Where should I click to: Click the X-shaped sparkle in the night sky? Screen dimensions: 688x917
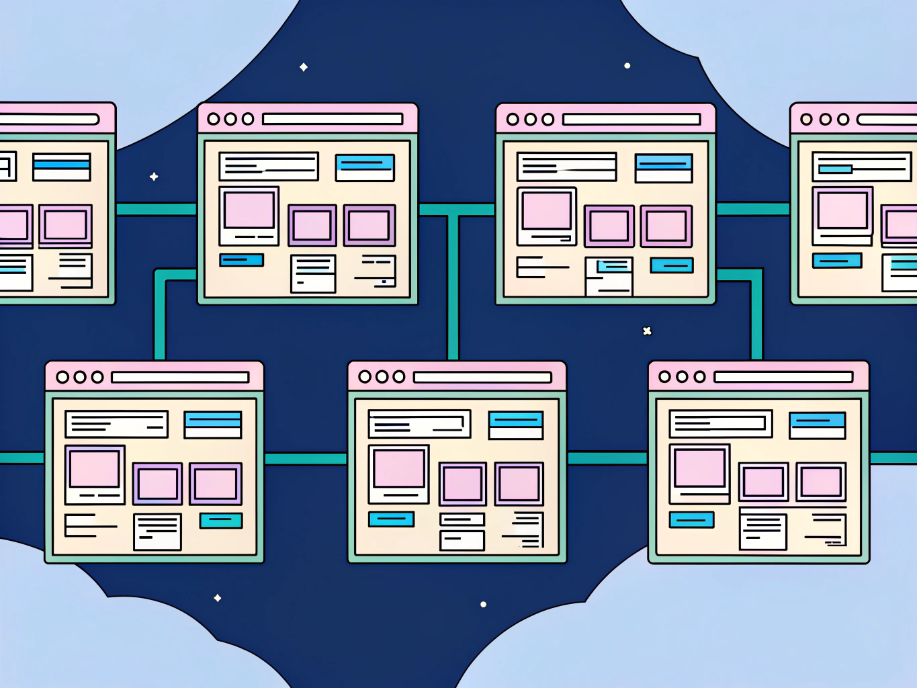click(647, 331)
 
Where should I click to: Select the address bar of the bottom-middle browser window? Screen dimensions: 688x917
click(482, 377)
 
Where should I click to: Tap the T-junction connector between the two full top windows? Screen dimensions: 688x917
click(453, 210)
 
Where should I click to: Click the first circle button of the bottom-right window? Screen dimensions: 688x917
click(664, 377)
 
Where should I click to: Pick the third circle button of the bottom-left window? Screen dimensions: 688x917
click(97, 377)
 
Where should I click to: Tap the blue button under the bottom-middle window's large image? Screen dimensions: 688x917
click(391, 519)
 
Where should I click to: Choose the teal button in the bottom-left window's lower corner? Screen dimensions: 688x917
click(221, 520)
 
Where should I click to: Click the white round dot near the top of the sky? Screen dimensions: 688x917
click(627, 66)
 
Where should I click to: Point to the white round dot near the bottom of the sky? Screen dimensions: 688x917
click(484, 605)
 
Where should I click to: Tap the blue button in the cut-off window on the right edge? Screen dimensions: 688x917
click(837, 260)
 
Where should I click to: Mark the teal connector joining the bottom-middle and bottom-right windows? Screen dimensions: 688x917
click(607, 458)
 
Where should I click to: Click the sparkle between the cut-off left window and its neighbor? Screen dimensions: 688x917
click(154, 177)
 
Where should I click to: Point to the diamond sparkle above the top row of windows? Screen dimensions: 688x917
click(304, 67)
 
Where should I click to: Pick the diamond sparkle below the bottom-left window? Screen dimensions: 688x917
click(218, 598)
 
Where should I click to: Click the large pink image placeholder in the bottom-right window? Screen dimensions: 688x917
click(699, 468)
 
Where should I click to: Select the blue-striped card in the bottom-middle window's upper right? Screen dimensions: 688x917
click(515, 425)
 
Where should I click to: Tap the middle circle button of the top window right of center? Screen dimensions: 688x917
click(530, 120)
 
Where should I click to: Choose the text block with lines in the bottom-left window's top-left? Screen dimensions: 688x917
click(116, 424)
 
